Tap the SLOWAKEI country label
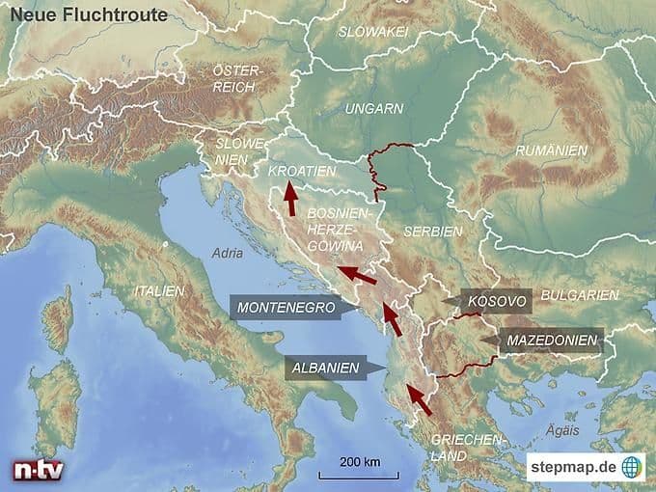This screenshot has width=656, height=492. pos(372,32)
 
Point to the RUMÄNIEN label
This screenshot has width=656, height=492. pos(551,150)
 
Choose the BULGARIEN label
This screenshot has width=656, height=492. pos(580,294)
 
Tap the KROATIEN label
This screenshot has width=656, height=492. pos(302,171)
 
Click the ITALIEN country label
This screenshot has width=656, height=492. pos(159,290)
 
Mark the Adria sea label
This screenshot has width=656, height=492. pos(227,254)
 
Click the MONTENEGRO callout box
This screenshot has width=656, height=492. pos(286,309)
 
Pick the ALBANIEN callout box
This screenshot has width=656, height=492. pos(327,367)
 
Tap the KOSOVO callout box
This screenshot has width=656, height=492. pos(494,301)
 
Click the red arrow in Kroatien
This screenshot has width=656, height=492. pos(289,198)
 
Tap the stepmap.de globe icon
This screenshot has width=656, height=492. pos(632,467)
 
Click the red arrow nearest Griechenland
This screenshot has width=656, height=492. pos(418,398)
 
